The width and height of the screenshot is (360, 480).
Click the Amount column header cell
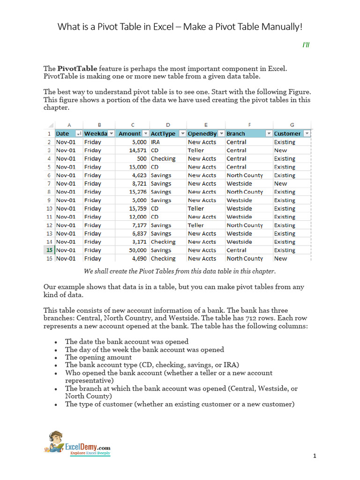[129, 134]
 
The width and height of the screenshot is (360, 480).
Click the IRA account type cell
[156, 142]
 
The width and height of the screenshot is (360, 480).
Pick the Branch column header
[236, 134]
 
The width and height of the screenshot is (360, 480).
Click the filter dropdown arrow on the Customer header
[307, 134]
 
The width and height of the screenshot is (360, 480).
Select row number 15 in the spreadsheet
[49, 250]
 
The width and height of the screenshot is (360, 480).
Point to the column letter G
[292, 125]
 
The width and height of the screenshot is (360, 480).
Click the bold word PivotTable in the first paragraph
[77, 69]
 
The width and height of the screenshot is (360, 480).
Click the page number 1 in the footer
[315, 456]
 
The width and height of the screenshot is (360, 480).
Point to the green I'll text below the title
[306, 45]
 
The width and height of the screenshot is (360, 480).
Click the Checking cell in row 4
[163, 158]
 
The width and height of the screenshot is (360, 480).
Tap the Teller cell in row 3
[196, 150]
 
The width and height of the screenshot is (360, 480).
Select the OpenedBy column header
[202, 134]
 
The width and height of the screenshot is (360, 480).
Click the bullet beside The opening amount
[56, 358]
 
